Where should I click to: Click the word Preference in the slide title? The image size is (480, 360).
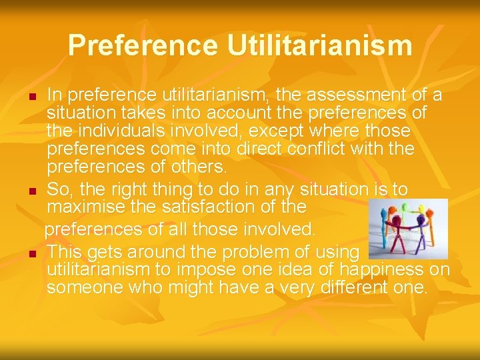coord(143,45)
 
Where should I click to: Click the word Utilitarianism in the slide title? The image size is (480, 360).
coord(319,45)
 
